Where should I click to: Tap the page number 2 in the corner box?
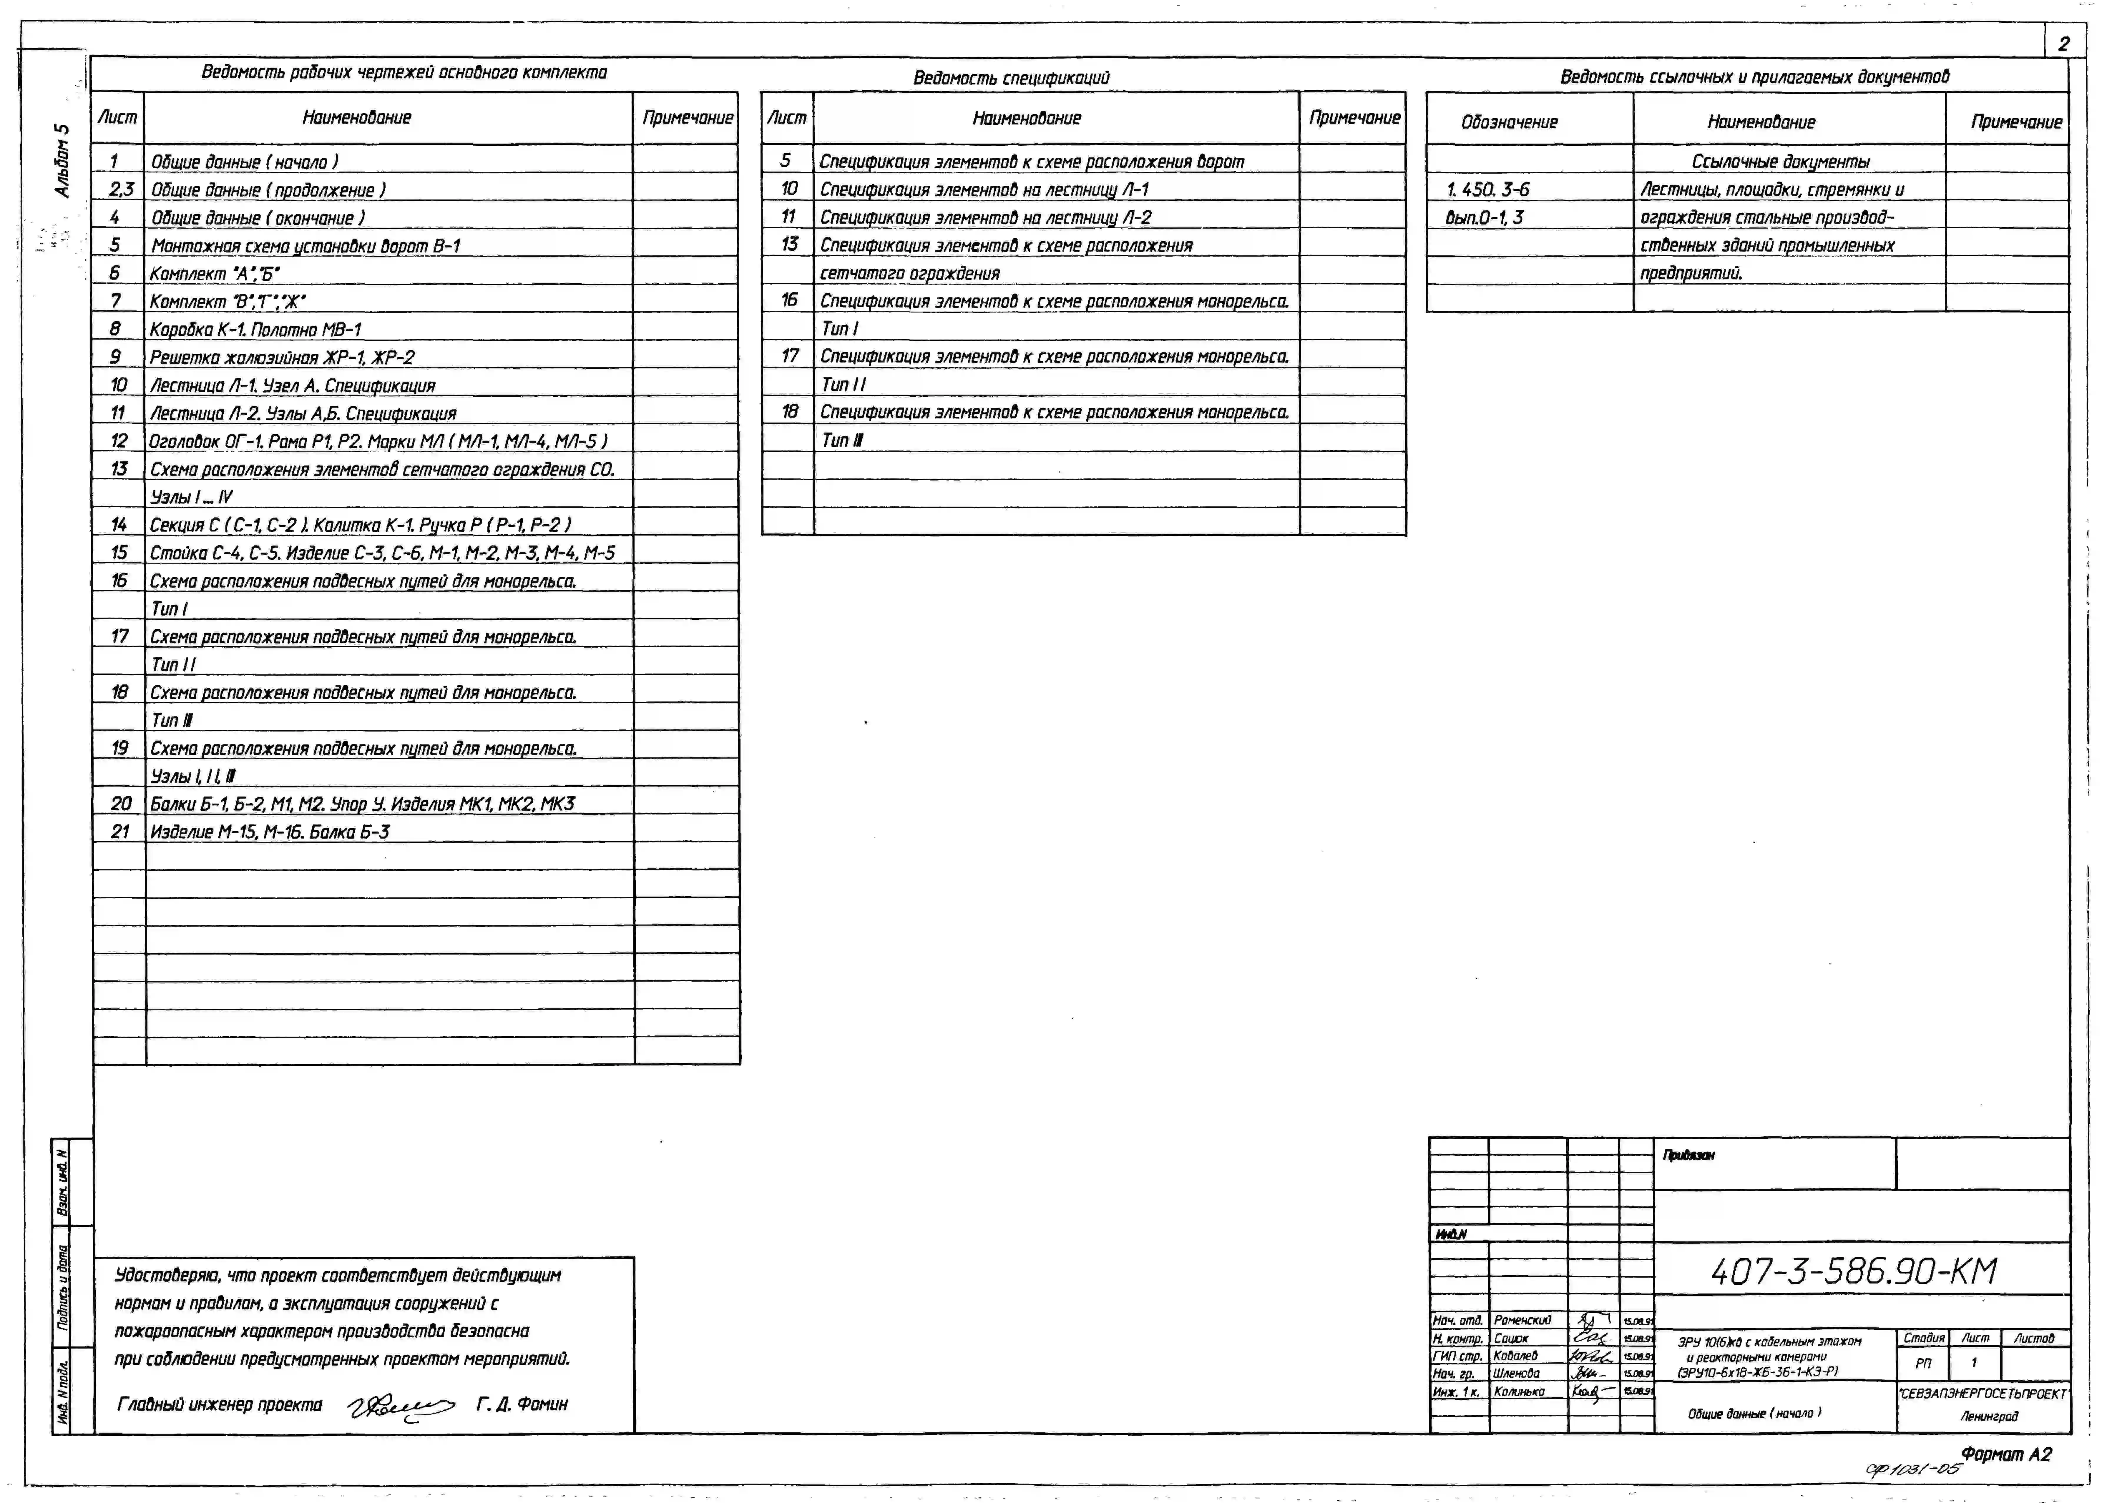point(2063,44)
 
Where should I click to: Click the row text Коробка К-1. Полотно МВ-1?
point(255,330)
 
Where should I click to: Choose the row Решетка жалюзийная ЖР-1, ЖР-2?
point(282,357)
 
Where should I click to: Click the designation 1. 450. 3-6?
point(1488,190)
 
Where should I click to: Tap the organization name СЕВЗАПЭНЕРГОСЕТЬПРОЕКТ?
point(1983,1394)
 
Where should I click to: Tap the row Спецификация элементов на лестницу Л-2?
point(986,217)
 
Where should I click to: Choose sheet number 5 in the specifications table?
point(786,161)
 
